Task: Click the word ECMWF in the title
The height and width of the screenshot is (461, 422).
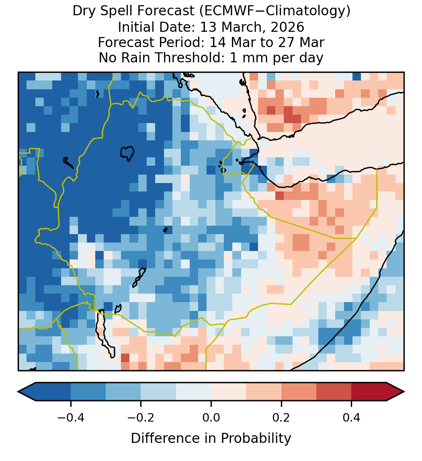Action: point(225,11)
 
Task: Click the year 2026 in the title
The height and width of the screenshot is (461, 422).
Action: point(287,27)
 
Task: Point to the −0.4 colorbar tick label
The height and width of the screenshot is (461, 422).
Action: point(71,417)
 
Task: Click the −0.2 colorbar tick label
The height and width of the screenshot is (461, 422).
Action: point(141,417)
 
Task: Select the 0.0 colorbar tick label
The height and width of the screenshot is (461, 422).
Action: point(211,417)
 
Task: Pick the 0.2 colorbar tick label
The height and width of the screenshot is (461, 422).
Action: point(281,417)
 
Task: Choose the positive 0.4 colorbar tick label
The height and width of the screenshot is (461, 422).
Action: point(352,417)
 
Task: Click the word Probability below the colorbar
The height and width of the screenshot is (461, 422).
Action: point(256,438)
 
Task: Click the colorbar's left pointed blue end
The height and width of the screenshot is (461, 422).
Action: point(27,392)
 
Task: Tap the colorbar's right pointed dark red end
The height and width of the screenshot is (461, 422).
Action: point(395,392)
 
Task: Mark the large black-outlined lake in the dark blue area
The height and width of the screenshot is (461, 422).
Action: point(127,153)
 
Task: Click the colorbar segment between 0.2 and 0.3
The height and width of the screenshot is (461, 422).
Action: point(299,392)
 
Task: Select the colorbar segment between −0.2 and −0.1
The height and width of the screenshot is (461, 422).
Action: point(158,392)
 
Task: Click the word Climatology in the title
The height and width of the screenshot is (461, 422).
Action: point(313,11)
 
